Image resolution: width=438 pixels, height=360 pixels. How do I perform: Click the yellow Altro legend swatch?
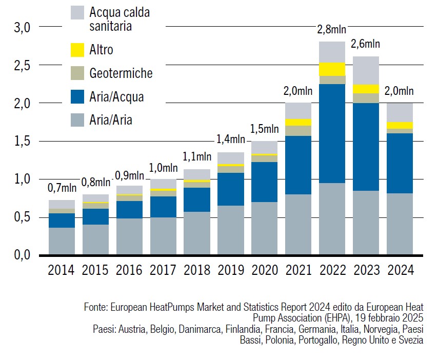[x=77, y=50]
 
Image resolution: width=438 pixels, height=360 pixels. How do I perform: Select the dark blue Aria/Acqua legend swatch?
[x=77, y=96]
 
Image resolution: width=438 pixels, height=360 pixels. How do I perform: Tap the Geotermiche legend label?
[x=121, y=73]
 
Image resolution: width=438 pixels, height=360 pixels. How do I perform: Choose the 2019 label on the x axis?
[x=230, y=269]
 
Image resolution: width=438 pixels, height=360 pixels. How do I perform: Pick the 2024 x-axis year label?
[x=400, y=269]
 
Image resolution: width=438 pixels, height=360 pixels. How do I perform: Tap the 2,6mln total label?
[x=366, y=45]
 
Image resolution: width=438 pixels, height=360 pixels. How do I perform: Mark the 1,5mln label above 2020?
[x=264, y=129]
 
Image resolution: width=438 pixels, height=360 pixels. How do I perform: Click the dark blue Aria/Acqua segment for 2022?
[x=332, y=133]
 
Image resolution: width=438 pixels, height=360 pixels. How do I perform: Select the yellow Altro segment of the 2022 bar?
[x=332, y=69]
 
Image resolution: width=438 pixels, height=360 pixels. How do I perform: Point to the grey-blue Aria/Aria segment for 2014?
[x=61, y=241]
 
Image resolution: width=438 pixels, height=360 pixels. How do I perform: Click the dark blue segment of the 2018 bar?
[x=196, y=199]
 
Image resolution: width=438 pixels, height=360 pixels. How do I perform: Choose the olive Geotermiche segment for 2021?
[x=298, y=130]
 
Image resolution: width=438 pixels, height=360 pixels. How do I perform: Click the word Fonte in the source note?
[x=94, y=308]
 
